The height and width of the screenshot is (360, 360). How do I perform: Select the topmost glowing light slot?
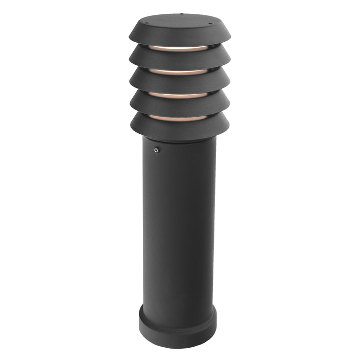click(179, 48)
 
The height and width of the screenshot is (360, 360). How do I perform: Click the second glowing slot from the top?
click(179, 71)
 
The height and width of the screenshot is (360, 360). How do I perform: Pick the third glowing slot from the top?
click(179, 95)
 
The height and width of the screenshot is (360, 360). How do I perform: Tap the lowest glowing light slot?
click(179, 118)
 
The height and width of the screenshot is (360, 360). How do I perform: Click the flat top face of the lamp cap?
click(179, 22)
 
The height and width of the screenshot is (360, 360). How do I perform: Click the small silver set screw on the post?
click(156, 150)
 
